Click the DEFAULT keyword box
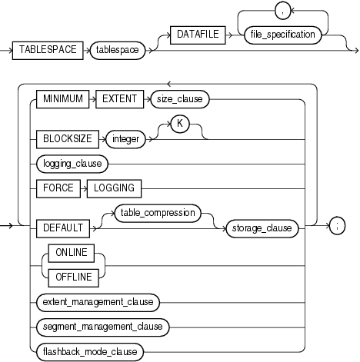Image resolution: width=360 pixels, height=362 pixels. click(x=62, y=227)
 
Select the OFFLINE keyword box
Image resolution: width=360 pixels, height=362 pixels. click(x=72, y=277)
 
